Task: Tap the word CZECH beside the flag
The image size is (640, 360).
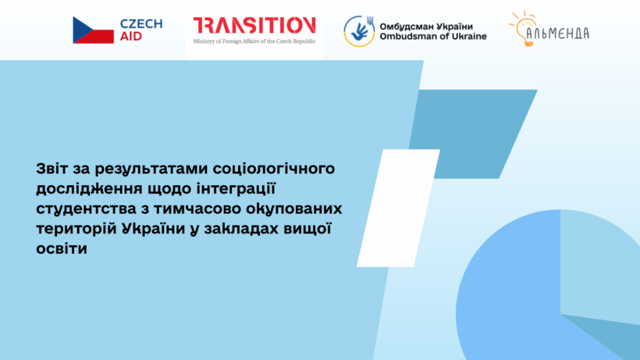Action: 141,23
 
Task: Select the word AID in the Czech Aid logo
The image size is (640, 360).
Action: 131,37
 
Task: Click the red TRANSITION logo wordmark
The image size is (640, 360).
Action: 254,25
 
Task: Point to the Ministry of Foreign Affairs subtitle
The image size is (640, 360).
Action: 254,41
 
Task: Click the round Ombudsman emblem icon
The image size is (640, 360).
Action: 359,30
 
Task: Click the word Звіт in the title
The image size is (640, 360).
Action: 53,168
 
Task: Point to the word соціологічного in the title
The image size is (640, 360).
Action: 265,168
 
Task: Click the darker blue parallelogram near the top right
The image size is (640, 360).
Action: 475,123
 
